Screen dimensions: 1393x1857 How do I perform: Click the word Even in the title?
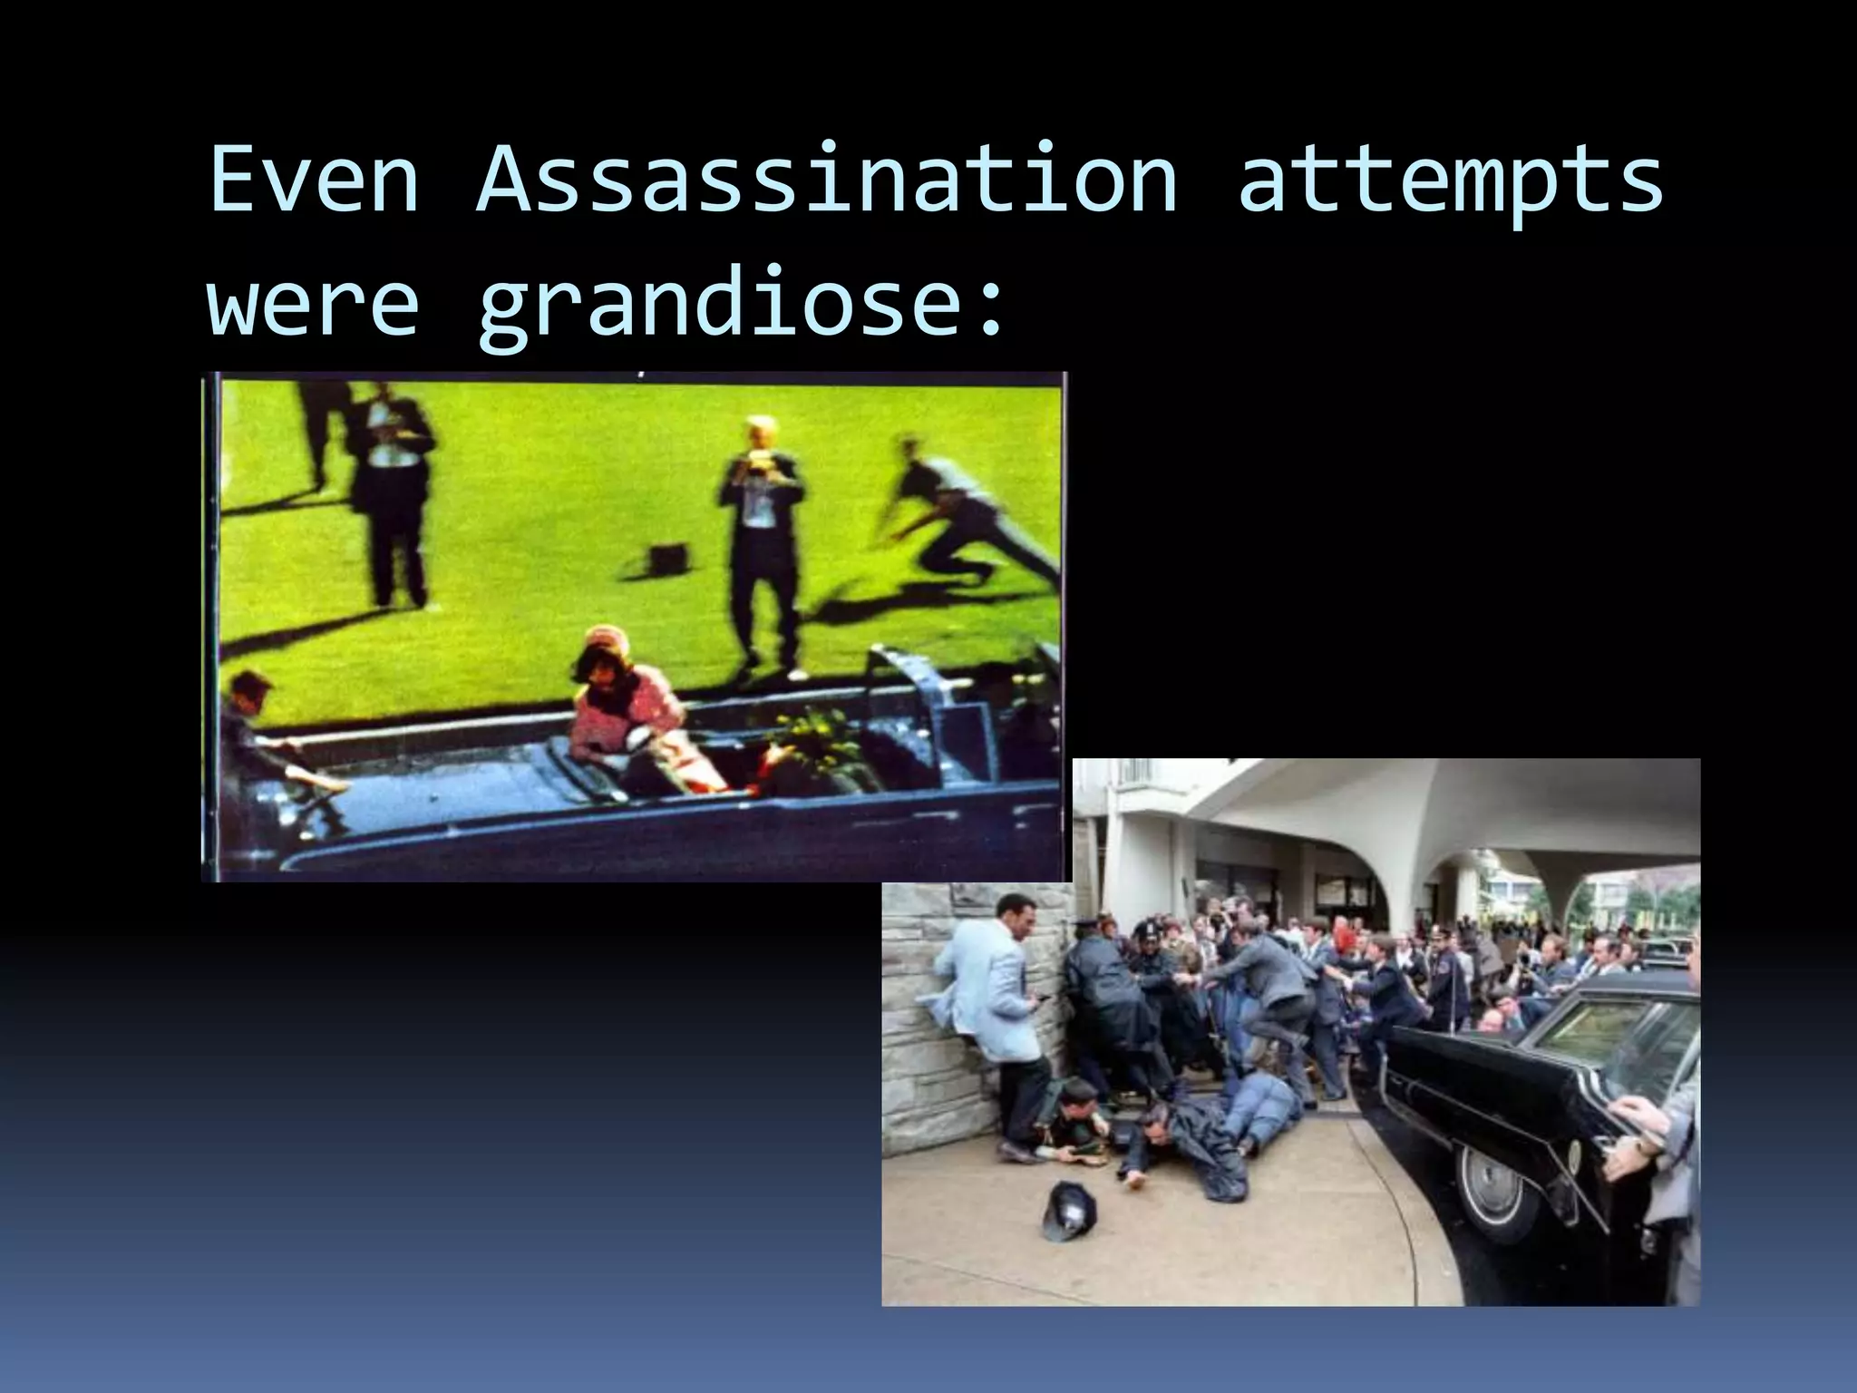coord(314,179)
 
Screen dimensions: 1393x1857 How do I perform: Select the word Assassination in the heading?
coord(827,179)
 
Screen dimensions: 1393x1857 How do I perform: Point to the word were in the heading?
coord(314,299)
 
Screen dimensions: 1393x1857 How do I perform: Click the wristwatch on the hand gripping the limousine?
coord(1643,1145)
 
